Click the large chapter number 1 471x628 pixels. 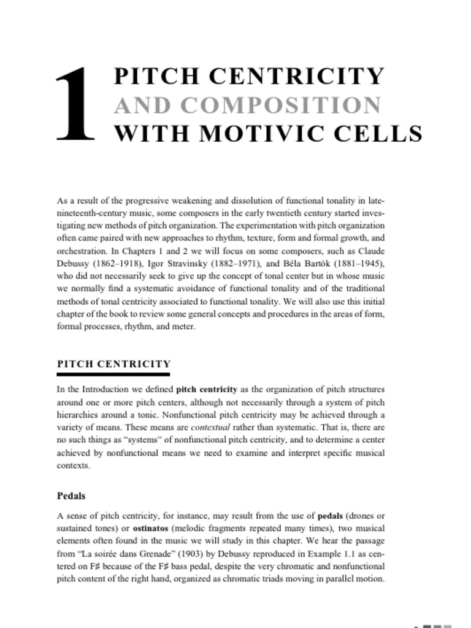click(x=75, y=104)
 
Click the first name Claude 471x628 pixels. click(x=370, y=251)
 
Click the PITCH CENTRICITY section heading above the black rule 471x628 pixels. click(x=113, y=364)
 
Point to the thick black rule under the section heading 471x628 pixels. click(x=113, y=373)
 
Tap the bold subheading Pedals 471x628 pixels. click(x=71, y=496)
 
